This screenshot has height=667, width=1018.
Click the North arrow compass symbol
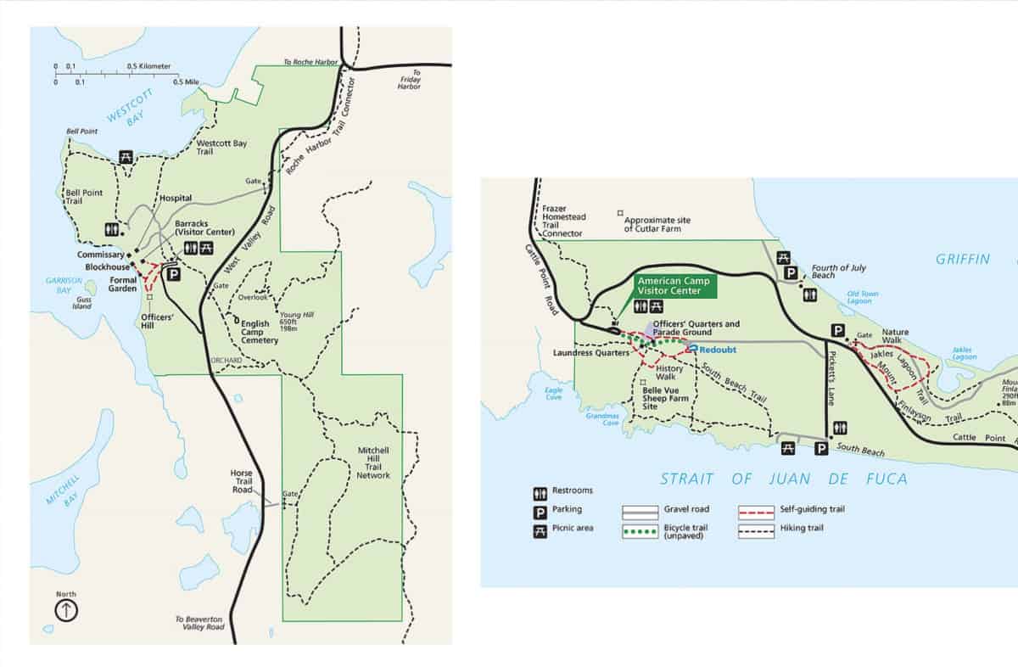[x=66, y=609]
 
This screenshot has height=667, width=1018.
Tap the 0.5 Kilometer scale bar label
[x=149, y=66]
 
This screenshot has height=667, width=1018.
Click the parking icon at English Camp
[x=172, y=274]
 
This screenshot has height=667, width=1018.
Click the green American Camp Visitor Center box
[x=676, y=285]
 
